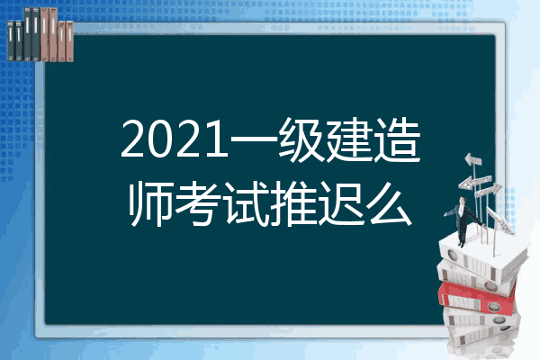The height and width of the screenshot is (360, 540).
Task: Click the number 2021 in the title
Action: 175,139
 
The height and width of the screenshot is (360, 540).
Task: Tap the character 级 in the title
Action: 301,139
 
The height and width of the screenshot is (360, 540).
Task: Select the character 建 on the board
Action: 349,139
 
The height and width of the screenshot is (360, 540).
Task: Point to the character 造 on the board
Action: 397,139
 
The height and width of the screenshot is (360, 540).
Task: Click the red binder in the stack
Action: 477,298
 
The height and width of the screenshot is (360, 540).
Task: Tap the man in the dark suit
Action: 463,220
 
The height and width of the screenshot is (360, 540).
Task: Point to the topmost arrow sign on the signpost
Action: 472,160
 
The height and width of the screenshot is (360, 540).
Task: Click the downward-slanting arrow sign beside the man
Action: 499,220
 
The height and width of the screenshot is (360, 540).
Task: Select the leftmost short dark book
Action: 11,41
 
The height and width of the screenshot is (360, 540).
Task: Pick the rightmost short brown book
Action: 69,41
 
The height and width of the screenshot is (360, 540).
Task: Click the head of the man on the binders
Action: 463,200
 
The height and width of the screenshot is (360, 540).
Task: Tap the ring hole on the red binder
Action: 494,306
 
